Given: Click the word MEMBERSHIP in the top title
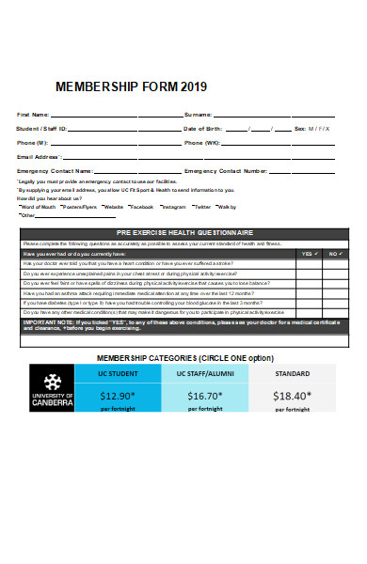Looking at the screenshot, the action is click(97, 86).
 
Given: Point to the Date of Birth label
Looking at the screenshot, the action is click(203, 128).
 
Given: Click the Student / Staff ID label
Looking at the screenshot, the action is click(41, 128).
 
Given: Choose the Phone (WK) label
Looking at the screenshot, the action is click(201, 142).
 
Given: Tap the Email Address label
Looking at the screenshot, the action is click(39, 156).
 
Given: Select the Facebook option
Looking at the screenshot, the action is click(141, 206).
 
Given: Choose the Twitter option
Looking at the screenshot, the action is click(201, 206).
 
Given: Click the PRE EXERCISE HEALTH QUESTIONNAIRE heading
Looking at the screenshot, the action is click(184, 231).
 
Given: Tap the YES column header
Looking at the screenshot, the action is click(308, 253).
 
